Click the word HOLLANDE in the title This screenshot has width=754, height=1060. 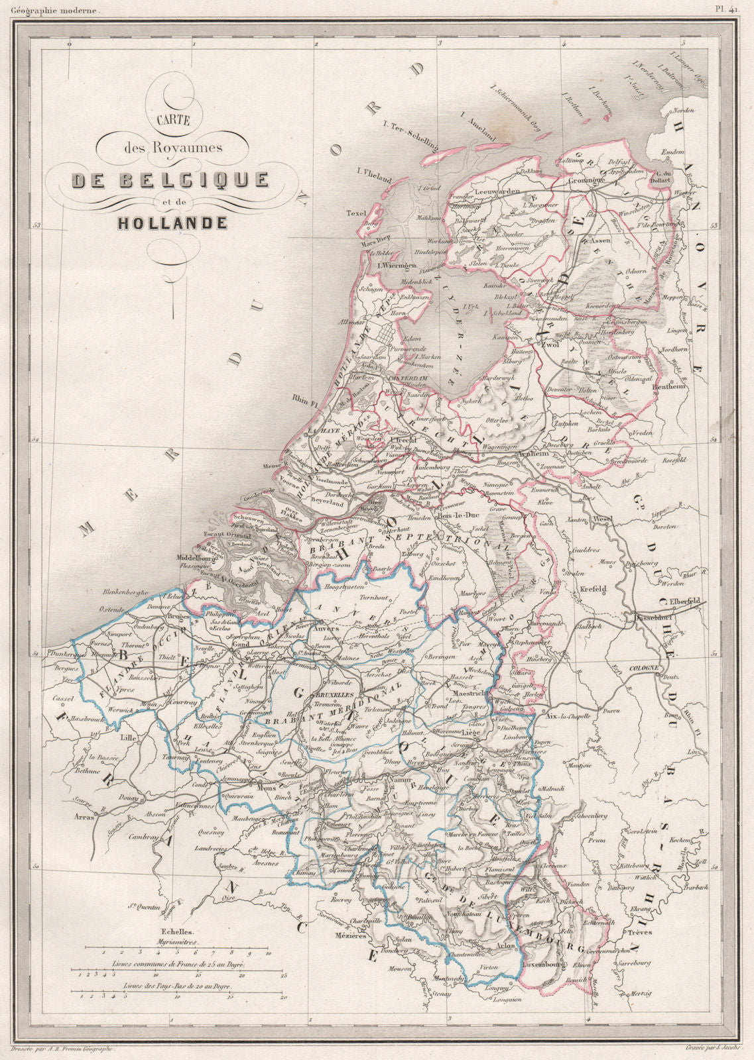172,223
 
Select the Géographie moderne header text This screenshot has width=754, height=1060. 52,11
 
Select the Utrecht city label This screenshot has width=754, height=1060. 402,441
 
